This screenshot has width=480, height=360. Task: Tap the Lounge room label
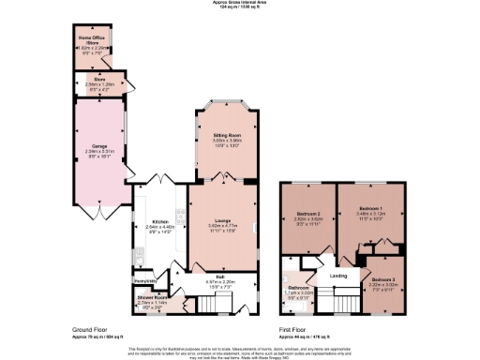[x=221, y=221]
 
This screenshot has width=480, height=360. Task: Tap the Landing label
[x=338, y=275]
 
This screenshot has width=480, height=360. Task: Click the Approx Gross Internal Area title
[x=239, y=3]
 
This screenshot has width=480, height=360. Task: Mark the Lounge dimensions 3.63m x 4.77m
[x=221, y=227]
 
